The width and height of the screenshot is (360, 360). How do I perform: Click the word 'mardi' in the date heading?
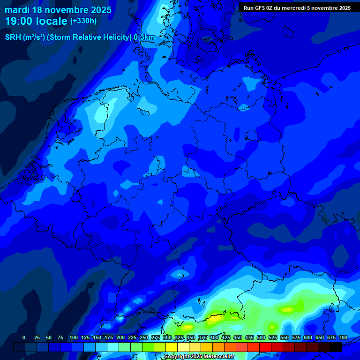(x=17, y=10)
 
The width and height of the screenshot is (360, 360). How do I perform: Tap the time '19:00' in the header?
(x=19, y=21)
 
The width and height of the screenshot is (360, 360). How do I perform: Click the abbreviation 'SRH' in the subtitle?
(x=13, y=37)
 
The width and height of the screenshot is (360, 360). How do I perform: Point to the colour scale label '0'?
(x=24, y=337)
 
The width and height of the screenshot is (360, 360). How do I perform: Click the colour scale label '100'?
(x=74, y=337)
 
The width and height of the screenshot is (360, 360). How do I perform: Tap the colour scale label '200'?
(x=120, y=337)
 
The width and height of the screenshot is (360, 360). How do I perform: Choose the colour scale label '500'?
(x=261, y=337)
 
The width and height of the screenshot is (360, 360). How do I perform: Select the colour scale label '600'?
(x=308, y=337)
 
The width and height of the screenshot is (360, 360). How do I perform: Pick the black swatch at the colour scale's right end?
(x=336, y=347)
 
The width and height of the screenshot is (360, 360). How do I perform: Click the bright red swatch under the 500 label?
(x=265, y=347)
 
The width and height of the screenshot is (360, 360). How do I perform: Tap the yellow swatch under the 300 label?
(x=172, y=347)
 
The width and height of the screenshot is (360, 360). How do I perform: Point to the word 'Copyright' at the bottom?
(x=176, y=357)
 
